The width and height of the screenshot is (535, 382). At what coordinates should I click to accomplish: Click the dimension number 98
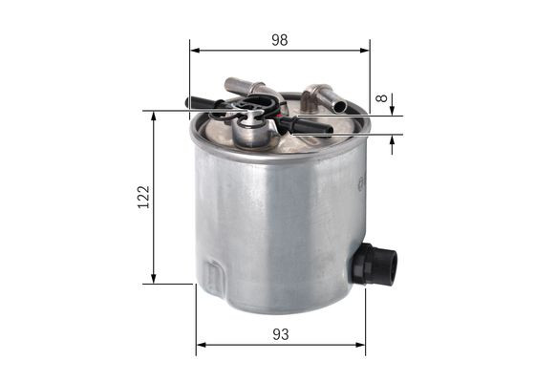click(x=279, y=40)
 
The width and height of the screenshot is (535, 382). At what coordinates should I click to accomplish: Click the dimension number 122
click(x=143, y=198)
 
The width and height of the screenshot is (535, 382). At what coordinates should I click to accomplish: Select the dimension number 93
click(x=279, y=335)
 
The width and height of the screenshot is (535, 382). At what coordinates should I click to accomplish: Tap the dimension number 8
click(x=382, y=97)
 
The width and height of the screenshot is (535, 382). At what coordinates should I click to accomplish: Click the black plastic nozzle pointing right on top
click(x=311, y=125)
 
